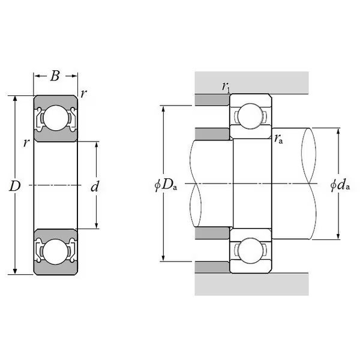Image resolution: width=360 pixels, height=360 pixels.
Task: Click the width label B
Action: (x=55, y=76)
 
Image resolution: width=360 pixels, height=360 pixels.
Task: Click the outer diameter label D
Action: (x=14, y=186)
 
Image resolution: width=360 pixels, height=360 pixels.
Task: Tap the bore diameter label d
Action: (x=95, y=186)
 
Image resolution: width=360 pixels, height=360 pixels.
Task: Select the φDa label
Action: (x=166, y=185)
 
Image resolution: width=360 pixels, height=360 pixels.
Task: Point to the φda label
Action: (x=340, y=185)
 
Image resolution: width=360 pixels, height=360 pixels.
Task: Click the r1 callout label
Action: (x=226, y=87)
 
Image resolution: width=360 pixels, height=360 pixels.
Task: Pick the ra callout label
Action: (x=278, y=139)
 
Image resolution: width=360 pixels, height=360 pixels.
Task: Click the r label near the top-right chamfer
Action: (x=84, y=94)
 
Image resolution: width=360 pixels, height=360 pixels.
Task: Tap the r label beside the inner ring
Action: (x=26, y=143)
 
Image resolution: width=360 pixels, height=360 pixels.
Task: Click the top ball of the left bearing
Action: (x=56, y=118)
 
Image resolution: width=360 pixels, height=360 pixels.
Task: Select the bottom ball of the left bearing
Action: (x=55, y=252)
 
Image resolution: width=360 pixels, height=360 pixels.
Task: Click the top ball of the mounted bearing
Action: (x=250, y=116)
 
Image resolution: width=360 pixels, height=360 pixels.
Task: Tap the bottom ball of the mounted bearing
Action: (x=250, y=250)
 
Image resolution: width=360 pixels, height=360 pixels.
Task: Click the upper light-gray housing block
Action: (x=251, y=83)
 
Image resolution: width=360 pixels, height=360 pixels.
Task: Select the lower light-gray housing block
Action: (x=251, y=284)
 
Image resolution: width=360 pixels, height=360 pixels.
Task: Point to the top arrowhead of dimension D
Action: (x=15, y=99)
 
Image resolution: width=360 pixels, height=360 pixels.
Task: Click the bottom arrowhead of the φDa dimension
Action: (x=163, y=258)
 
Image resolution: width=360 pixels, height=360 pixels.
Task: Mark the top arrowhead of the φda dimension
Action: (x=338, y=132)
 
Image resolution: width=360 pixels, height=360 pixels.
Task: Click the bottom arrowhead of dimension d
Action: (x=97, y=225)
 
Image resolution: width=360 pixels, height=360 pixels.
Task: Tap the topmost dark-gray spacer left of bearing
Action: (x=212, y=100)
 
